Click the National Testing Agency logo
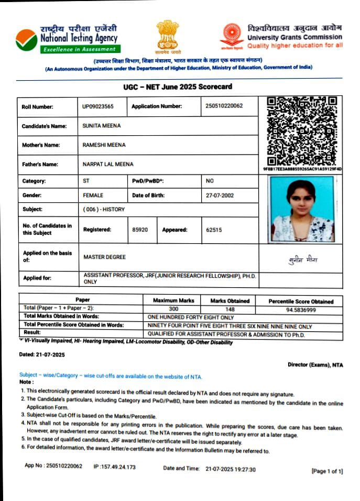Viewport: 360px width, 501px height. pyautogui.click(x=26, y=39)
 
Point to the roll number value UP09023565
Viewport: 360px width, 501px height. pyautogui.click(x=97, y=106)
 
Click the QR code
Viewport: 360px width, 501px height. pyautogui.click(x=302, y=131)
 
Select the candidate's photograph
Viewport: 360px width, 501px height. pyautogui.click(x=300, y=209)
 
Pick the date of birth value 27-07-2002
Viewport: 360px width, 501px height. pyautogui.click(x=220, y=195)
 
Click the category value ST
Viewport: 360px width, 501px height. pyautogui.click(x=86, y=181)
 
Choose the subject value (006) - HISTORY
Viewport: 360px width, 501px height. pyautogui.click(x=104, y=209)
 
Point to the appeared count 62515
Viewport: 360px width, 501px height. pyautogui.click(x=214, y=230)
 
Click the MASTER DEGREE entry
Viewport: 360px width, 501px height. pyautogui.click(x=104, y=257)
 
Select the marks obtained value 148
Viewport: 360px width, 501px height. pyautogui.click(x=230, y=309)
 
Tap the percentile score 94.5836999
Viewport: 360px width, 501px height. pyautogui.click(x=300, y=310)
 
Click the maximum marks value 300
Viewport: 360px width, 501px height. pyautogui.click(x=173, y=309)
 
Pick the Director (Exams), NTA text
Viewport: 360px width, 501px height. pyautogui.click(x=315, y=365)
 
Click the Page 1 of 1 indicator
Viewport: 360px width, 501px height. pyautogui.click(x=327, y=471)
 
